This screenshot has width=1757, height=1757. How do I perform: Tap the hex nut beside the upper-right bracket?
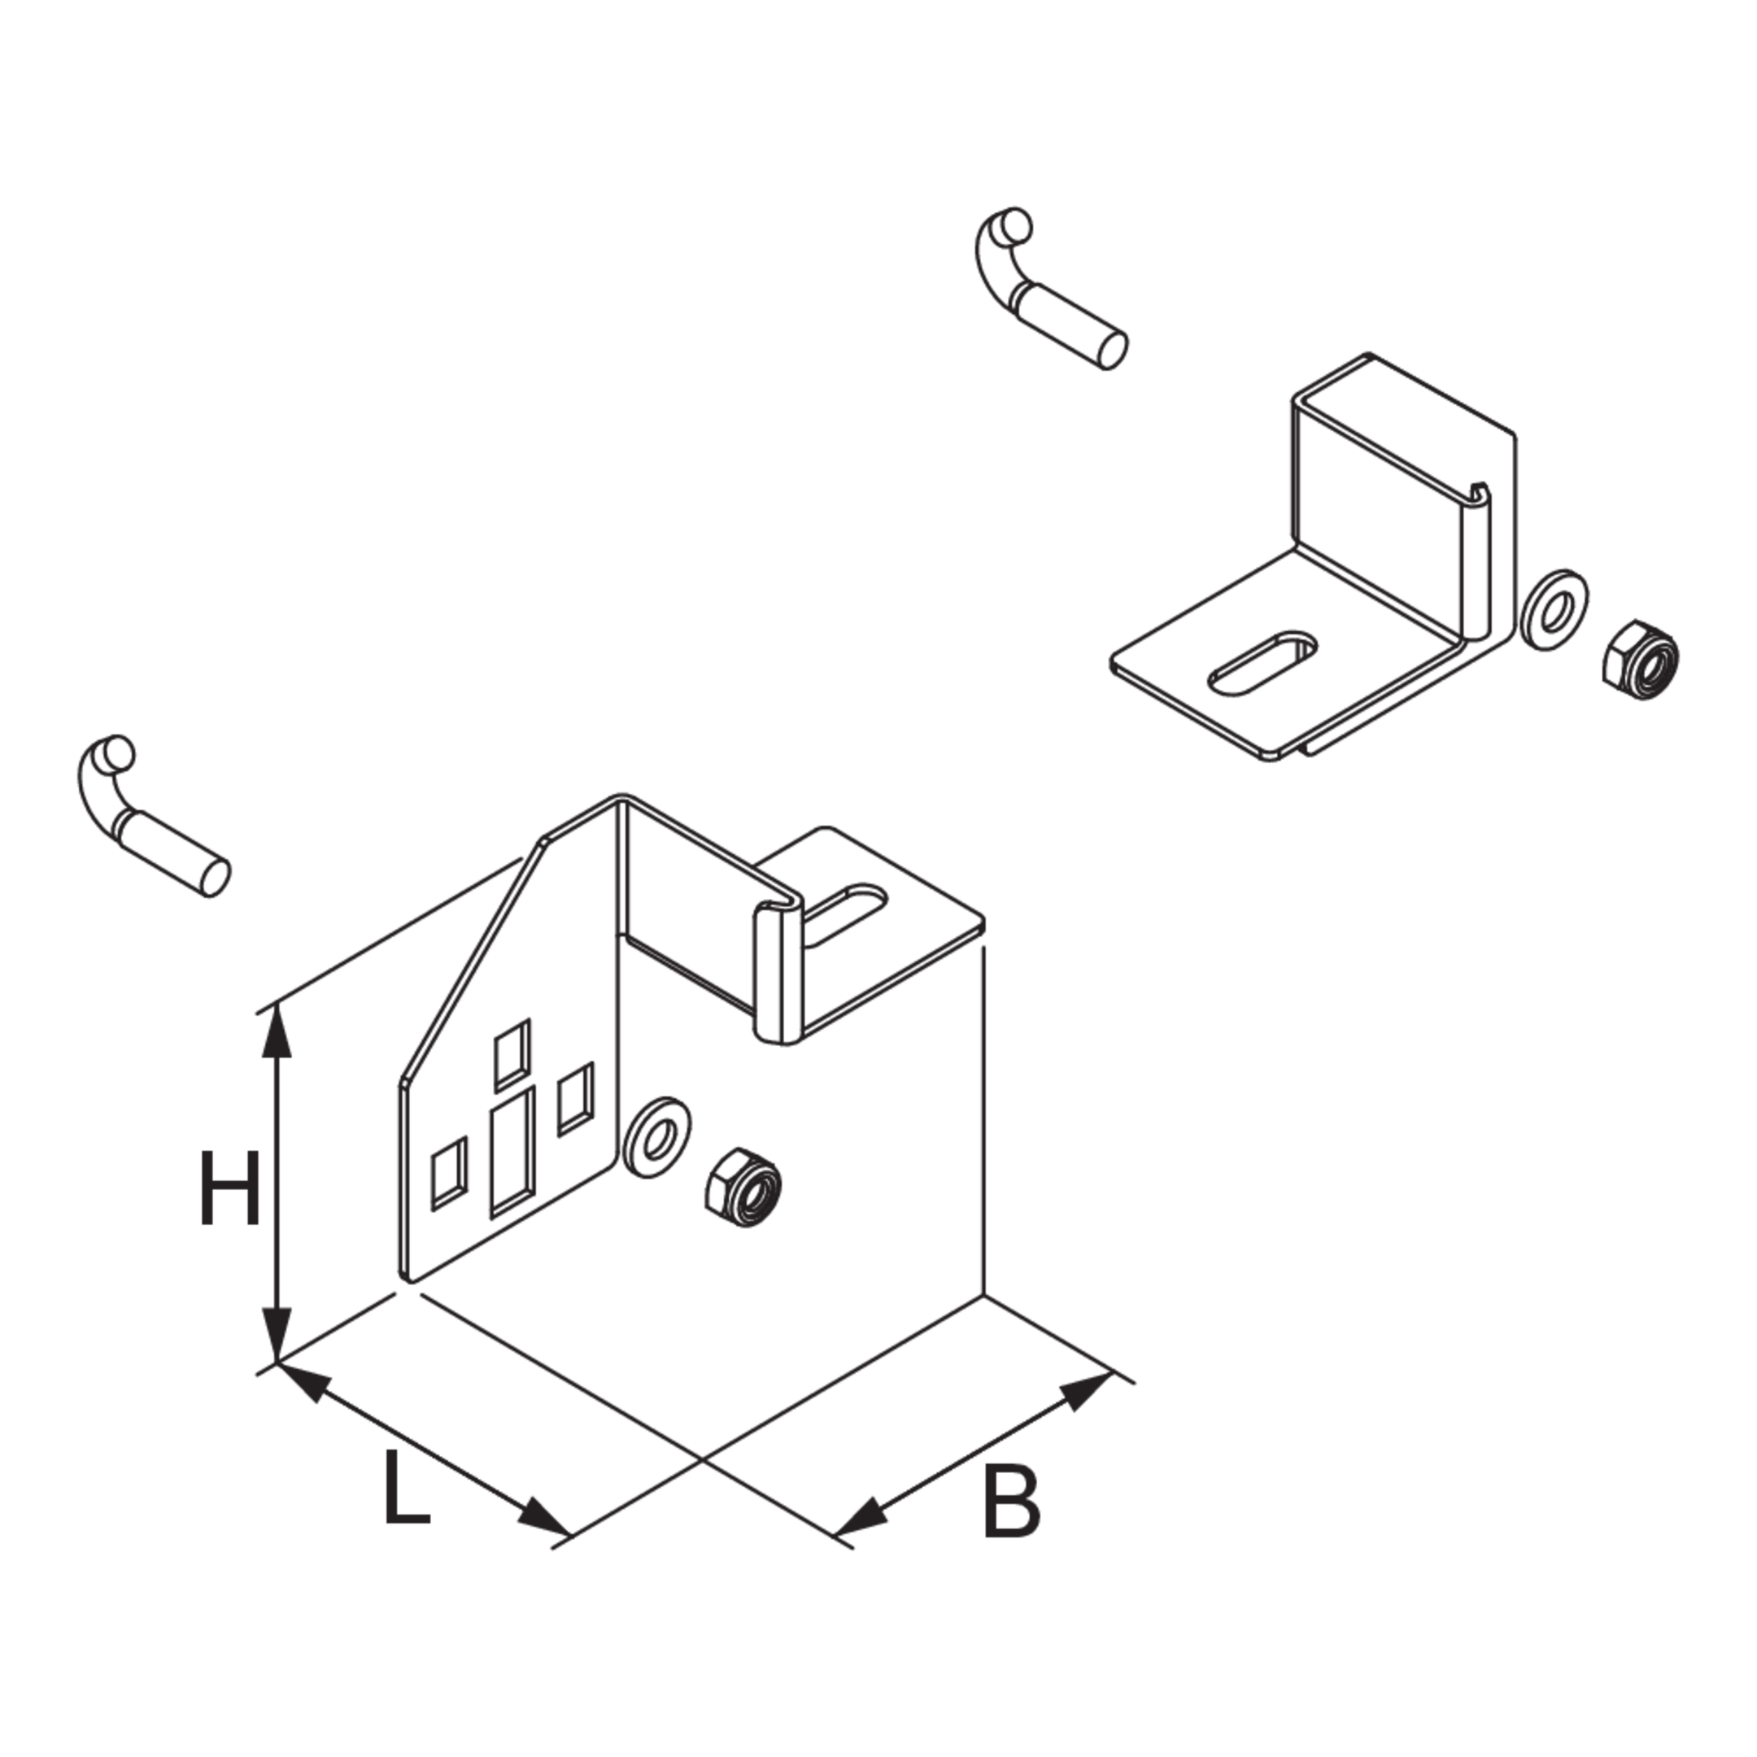pyautogui.click(x=1640, y=661)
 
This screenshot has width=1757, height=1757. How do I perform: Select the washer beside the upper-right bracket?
pyautogui.click(x=1556, y=610)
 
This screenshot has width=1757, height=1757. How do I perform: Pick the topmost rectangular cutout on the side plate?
pyautogui.click(x=511, y=1055)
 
